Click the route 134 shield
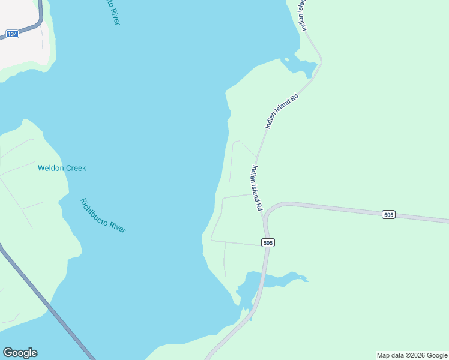point(12,34)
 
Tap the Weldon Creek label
point(62,168)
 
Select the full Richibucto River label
point(103,216)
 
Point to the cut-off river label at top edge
point(112,12)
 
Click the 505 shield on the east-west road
point(388,214)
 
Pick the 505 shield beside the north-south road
point(268,242)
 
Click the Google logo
point(20,353)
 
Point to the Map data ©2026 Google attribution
point(412,355)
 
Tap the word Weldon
point(50,168)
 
